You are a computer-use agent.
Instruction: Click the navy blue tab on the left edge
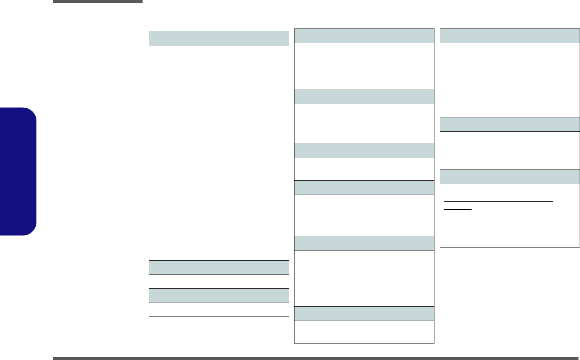tap(18, 171)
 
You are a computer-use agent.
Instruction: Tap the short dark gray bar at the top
tap(98, 1)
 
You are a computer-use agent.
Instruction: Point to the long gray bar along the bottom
tap(316, 358)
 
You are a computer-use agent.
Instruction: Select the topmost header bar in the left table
tap(219, 38)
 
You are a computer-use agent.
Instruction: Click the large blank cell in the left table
tap(219, 153)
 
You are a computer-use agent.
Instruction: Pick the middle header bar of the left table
tap(219, 268)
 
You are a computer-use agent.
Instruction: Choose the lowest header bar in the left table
tap(219, 295)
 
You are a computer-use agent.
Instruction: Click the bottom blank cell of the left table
tap(219, 310)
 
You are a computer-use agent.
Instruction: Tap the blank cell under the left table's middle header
tap(219, 282)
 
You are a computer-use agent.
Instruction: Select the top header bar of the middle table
tap(364, 36)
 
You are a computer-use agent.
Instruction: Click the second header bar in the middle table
tap(364, 97)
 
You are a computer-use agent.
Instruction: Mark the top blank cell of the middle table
tap(364, 66)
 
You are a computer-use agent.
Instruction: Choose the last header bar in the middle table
tap(364, 313)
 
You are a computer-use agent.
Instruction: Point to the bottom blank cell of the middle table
tap(364, 332)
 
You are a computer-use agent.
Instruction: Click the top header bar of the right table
tap(509, 36)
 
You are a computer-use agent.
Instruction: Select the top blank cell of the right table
tap(509, 80)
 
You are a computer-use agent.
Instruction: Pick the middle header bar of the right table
tap(509, 124)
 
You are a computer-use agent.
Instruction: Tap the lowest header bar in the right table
tap(509, 177)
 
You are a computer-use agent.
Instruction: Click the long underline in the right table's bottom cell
tap(499, 202)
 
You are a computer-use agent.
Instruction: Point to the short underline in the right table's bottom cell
tap(458, 210)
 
